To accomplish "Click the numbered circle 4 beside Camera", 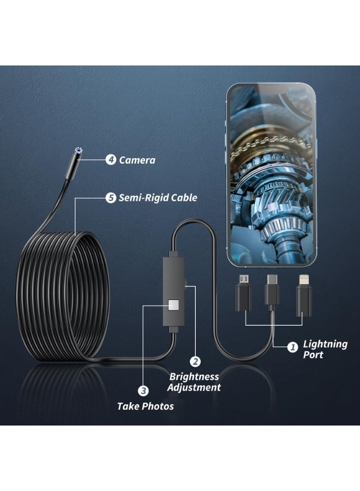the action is [111, 160].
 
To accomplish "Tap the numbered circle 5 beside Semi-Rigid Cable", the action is [111, 197].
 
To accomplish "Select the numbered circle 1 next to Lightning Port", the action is [292, 347].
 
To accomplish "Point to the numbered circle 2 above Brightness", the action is [195, 362].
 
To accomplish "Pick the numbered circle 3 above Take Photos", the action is [143, 391].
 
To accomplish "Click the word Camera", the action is [137, 160].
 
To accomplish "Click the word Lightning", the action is [325, 344].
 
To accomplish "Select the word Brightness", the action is [194, 376].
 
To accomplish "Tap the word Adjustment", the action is [194, 388].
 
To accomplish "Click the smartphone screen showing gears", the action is [271, 175].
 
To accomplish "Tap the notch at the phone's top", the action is [271, 89].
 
